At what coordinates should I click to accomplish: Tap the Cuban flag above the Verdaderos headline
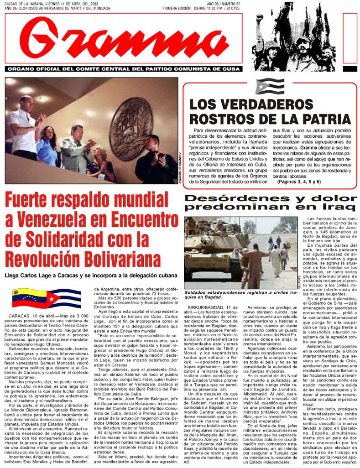click(x=270, y=86)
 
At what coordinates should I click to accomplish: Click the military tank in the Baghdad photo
click(x=210, y=249)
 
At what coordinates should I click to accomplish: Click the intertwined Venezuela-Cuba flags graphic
click(x=47, y=298)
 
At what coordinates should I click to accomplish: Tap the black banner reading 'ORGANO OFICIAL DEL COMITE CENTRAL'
click(x=123, y=68)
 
